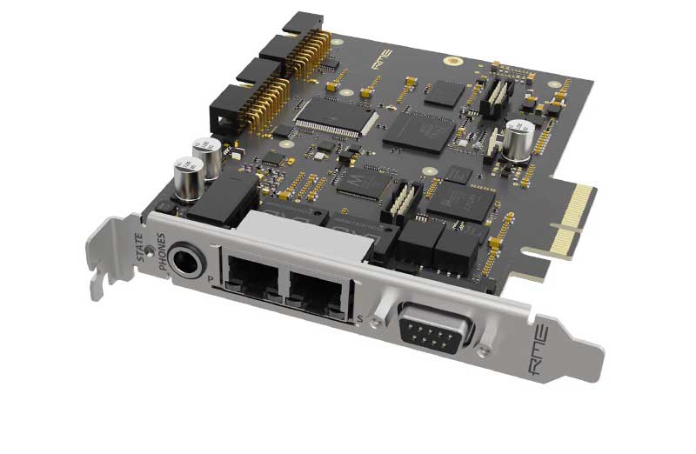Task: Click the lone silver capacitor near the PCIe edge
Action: click(516, 141)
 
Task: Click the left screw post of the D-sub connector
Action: click(391, 317)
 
